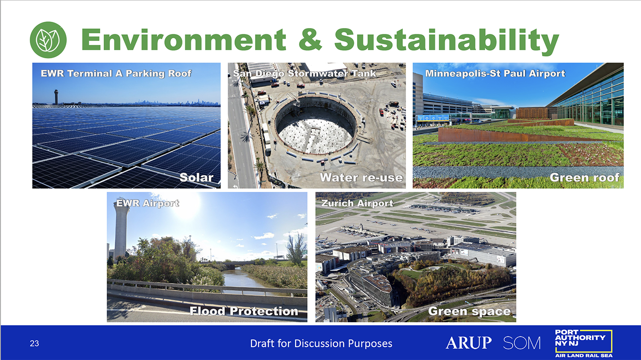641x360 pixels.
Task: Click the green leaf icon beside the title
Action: (x=48, y=40)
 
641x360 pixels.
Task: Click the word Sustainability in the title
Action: (x=446, y=40)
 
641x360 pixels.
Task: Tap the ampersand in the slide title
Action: (x=310, y=39)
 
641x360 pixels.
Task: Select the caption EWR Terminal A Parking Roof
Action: (x=116, y=73)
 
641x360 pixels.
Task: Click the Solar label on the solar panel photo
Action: (x=197, y=178)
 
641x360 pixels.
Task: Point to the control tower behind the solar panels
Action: (x=56, y=97)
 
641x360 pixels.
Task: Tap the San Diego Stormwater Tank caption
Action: (x=304, y=73)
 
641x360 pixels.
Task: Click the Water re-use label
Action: (x=361, y=178)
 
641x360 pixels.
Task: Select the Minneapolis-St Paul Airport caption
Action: (x=495, y=73)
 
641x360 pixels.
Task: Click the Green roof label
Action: (x=584, y=178)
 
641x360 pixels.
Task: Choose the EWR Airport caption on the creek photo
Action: (x=148, y=203)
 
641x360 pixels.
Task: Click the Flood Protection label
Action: (x=244, y=311)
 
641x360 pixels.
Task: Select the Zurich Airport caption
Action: (x=357, y=203)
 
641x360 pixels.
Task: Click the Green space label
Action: (x=469, y=311)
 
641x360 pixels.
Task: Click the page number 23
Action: (x=34, y=344)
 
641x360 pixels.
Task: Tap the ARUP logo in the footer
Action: (x=468, y=343)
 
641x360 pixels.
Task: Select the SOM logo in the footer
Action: (x=522, y=343)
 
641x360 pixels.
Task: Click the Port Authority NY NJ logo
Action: (x=584, y=343)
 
